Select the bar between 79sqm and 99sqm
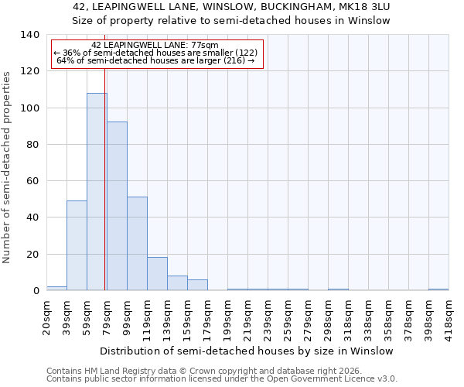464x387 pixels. (x=117, y=206)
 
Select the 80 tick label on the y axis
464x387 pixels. (x=32, y=145)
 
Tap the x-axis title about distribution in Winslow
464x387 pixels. (x=247, y=351)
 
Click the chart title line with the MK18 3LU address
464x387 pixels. (x=231, y=7)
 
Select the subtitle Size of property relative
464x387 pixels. (x=231, y=21)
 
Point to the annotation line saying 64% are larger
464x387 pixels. (x=155, y=60)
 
